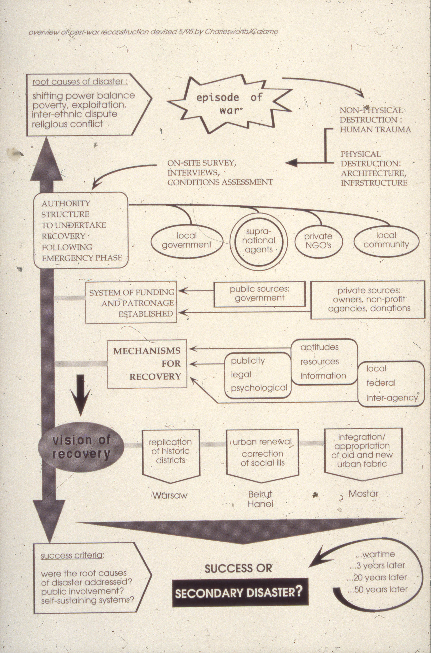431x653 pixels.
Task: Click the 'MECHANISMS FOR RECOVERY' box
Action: tap(147, 364)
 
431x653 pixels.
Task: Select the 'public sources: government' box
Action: tap(260, 294)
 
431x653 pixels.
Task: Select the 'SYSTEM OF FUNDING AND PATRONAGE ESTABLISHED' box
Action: tap(131, 302)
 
